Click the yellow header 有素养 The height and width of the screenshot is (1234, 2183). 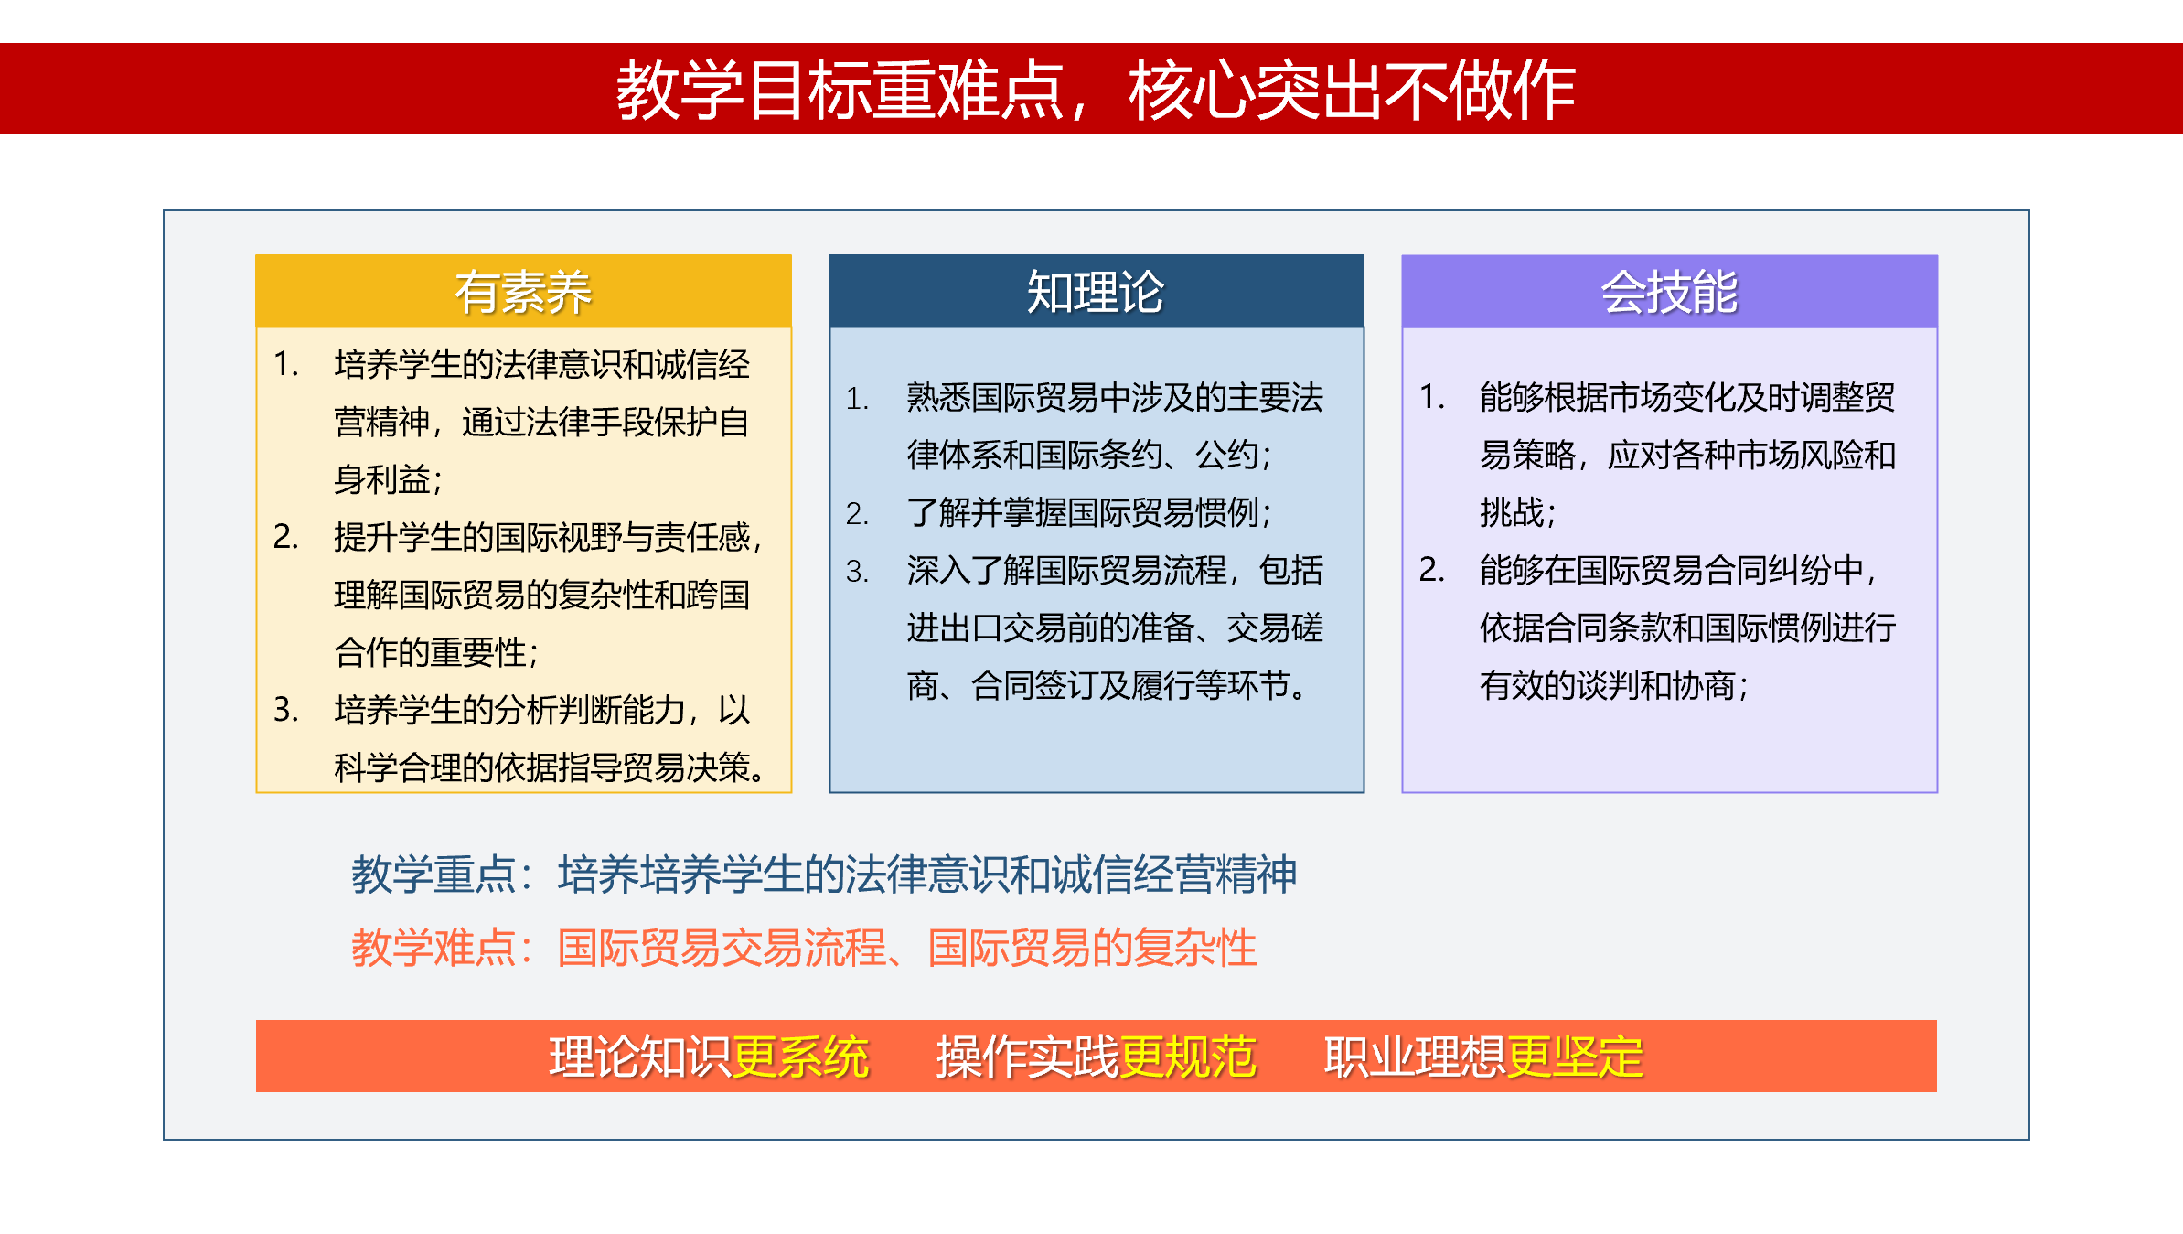(523, 292)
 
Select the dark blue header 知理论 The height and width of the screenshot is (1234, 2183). (1096, 292)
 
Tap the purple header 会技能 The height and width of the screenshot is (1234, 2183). (1669, 292)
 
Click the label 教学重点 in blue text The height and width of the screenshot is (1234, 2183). (433, 875)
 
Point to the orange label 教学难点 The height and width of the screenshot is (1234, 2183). (433, 948)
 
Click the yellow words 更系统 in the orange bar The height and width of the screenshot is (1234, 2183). (800, 1057)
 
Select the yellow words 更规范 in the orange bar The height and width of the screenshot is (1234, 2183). (1188, 1057)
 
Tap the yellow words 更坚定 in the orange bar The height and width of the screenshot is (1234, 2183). (1575, 1057)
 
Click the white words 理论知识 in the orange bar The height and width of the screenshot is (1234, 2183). (640, 1057)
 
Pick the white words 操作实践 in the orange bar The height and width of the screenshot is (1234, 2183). (1028, 1057)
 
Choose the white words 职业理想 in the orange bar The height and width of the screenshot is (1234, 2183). (1416, 1057)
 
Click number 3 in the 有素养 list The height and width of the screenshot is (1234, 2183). (285, 710)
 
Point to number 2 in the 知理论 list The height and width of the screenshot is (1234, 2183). (857, 513)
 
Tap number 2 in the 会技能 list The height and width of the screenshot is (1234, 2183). (1431, 570)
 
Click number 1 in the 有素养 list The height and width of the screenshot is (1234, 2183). (285, 364)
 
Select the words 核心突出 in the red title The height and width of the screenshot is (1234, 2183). (1257, 90)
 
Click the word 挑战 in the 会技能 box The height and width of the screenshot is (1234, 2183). (1512, 512)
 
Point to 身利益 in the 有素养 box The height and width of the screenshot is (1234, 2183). (382, 479)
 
